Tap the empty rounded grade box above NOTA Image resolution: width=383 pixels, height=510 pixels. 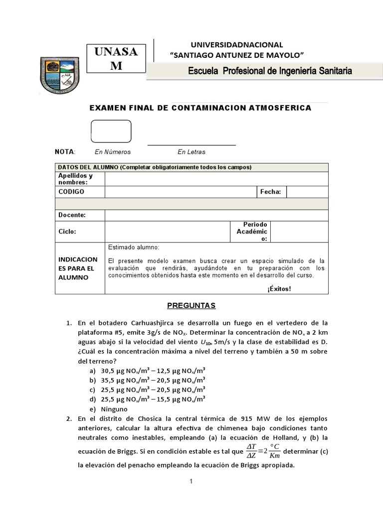111,130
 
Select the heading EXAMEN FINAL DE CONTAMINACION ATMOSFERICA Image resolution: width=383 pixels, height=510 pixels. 199,108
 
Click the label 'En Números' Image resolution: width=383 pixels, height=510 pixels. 112,152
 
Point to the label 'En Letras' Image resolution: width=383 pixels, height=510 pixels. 191,152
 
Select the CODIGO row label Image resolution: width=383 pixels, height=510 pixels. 71,192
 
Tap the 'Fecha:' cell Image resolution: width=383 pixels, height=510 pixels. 271,192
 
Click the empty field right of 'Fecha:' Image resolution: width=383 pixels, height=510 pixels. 307,192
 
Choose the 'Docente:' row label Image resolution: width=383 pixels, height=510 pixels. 72,215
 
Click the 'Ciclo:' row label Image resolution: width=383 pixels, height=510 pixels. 67,232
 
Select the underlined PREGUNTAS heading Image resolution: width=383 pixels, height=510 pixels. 191,305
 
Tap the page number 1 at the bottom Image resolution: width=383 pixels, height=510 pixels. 191,482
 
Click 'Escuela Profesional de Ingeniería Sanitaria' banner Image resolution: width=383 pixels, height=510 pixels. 269,71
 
